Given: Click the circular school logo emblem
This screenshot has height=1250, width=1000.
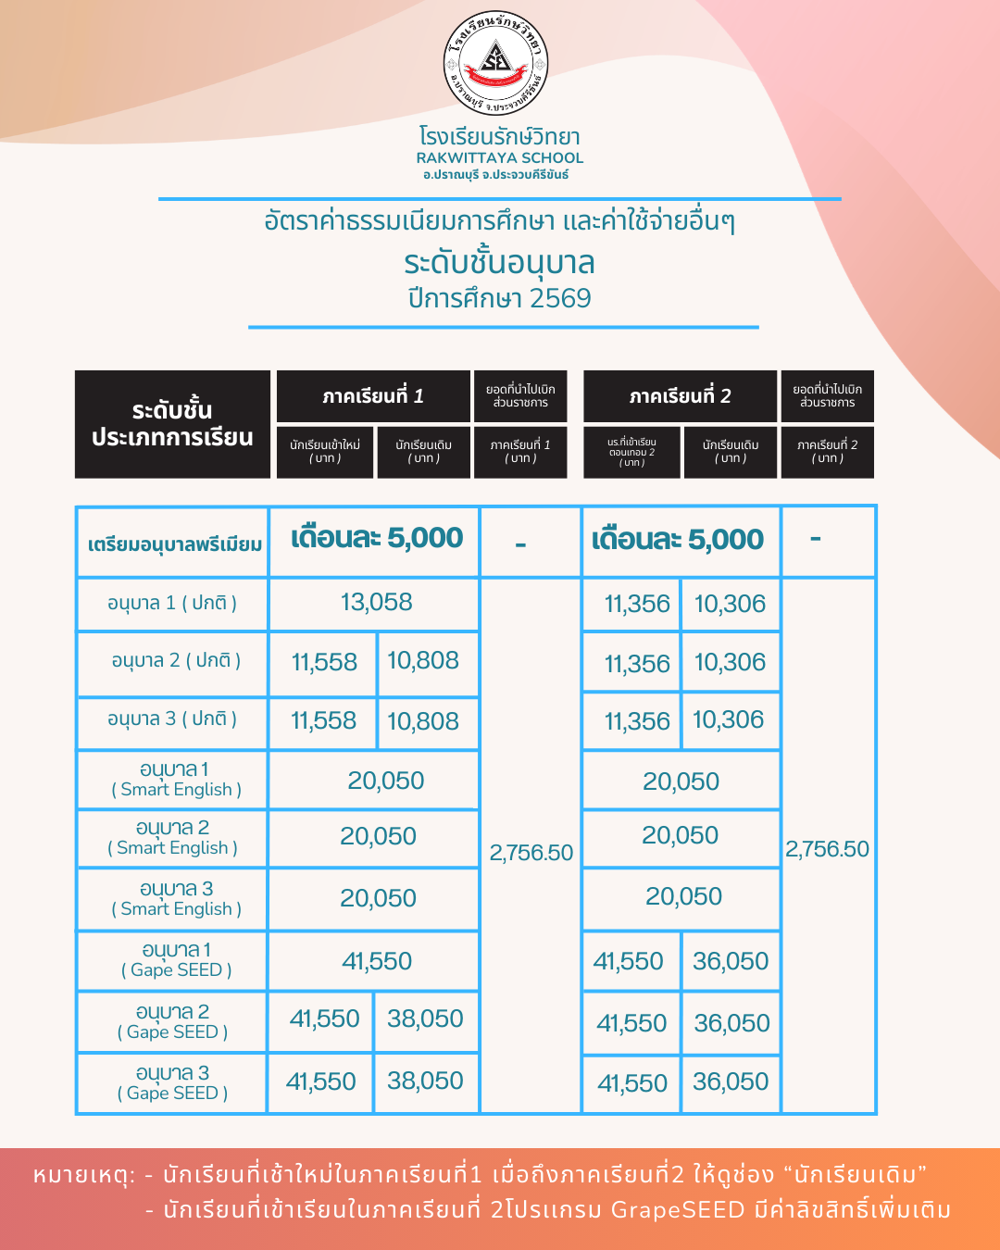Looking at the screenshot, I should click(x=496, y=64).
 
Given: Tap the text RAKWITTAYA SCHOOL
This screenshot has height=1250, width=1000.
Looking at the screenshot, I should click(x=500, y=158).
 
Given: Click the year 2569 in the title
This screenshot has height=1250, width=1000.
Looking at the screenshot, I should click(x=560, y=298).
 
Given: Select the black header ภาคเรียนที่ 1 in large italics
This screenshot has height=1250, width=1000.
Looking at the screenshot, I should click(x=373, y=396).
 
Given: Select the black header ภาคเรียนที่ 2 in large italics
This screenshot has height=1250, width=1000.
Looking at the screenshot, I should click(x=680, y=396).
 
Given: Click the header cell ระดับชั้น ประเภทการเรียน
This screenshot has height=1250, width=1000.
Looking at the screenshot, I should click(x=172, y=424).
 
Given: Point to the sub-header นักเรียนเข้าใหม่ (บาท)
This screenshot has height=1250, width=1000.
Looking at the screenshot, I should click(x=325, y=451).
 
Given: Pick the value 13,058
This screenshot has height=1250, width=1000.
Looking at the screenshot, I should click(x=376, y=603).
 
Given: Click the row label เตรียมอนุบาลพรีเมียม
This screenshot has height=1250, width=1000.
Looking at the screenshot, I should click(x=174, y=544).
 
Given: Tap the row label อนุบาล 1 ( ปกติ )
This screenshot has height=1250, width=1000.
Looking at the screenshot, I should click(x=172, y=604).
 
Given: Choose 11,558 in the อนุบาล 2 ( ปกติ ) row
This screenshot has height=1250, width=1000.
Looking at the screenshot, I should click(x=324, y=662).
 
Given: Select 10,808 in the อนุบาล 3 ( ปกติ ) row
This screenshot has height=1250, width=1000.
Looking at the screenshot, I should click(x=423, y=721).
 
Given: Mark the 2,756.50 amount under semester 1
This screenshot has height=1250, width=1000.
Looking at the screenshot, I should click(x=531, y=853).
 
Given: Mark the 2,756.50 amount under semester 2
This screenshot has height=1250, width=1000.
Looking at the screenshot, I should click(x=827, y=849).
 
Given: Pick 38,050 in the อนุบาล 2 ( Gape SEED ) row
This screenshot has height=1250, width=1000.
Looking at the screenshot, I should click(x=425, y=1019).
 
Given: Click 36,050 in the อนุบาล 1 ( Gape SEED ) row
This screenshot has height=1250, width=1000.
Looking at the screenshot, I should click(x=731, y=961).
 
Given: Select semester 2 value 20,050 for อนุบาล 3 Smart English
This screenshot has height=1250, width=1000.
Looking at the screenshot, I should click(x=683, y=896).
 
